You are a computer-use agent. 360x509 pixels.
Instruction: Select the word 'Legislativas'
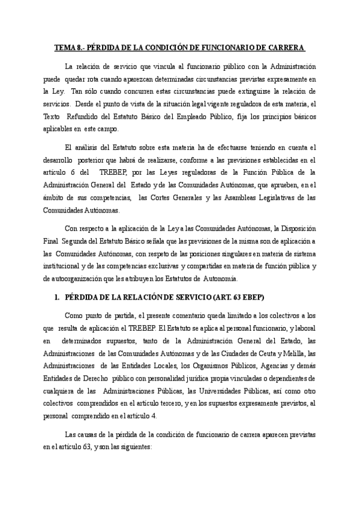(x=275, y=198)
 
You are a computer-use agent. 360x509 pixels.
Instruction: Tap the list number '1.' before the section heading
(x=57, y=298)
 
